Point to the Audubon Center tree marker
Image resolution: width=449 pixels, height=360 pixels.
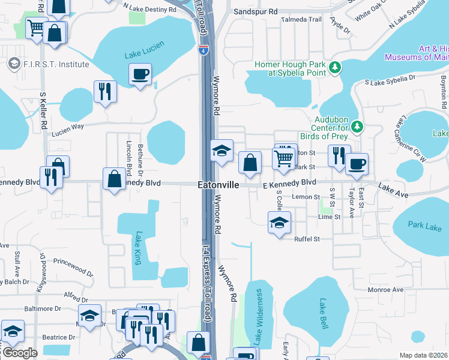357,126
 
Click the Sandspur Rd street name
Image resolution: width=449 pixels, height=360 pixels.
256,11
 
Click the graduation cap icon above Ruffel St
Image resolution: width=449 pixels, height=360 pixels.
279,223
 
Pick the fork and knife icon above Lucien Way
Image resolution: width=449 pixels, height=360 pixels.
105,92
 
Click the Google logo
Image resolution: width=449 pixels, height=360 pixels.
19,353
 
